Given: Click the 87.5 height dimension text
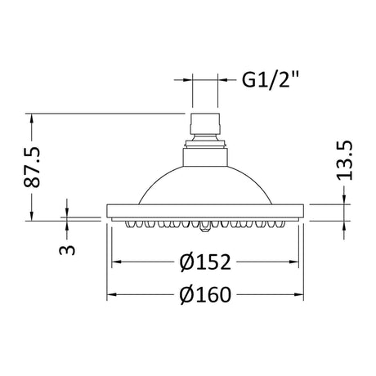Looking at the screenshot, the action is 32,167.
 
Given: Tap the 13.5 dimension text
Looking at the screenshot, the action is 345,161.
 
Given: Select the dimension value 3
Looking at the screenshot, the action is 67,249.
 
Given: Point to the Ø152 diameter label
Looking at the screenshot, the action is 205,262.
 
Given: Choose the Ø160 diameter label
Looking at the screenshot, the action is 205,294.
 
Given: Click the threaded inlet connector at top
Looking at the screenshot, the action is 205,126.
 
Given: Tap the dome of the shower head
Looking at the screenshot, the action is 205,185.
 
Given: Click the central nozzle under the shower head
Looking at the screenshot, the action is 205,226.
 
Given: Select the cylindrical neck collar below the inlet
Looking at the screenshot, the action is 205,157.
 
